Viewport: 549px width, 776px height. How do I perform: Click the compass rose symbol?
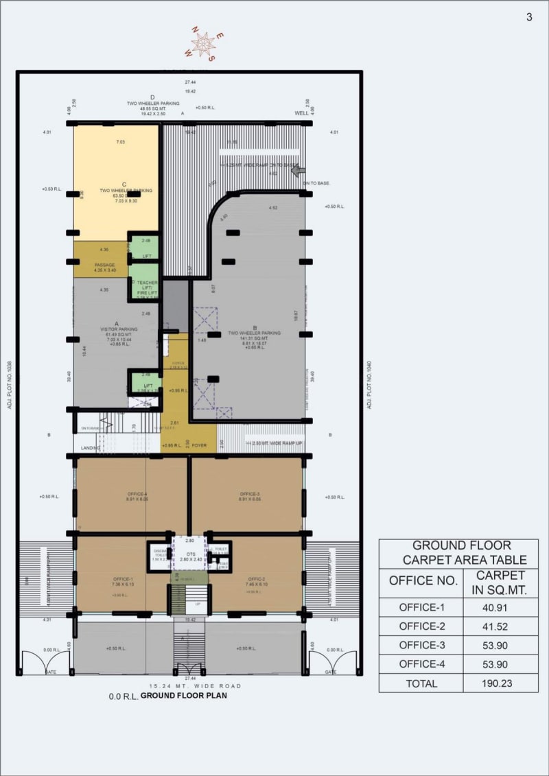tap(202, 45)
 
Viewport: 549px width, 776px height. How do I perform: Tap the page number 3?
tap(529, 17)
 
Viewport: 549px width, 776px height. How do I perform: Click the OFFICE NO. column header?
tap(423, 580)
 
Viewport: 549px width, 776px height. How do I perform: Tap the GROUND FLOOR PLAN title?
tap(183, 695)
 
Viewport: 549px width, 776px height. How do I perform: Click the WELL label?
tap(302, 113)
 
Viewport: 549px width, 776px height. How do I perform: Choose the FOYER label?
tap(199, 445)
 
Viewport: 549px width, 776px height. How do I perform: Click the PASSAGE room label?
tap(105, 265)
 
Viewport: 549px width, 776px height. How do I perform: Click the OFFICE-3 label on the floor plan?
tap(250, 494)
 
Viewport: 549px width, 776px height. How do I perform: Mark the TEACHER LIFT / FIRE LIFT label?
tap(147, 287)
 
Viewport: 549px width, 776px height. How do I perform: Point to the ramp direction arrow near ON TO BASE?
tap(299, 170)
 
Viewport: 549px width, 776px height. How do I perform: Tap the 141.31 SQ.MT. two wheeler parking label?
tap(248, 338)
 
